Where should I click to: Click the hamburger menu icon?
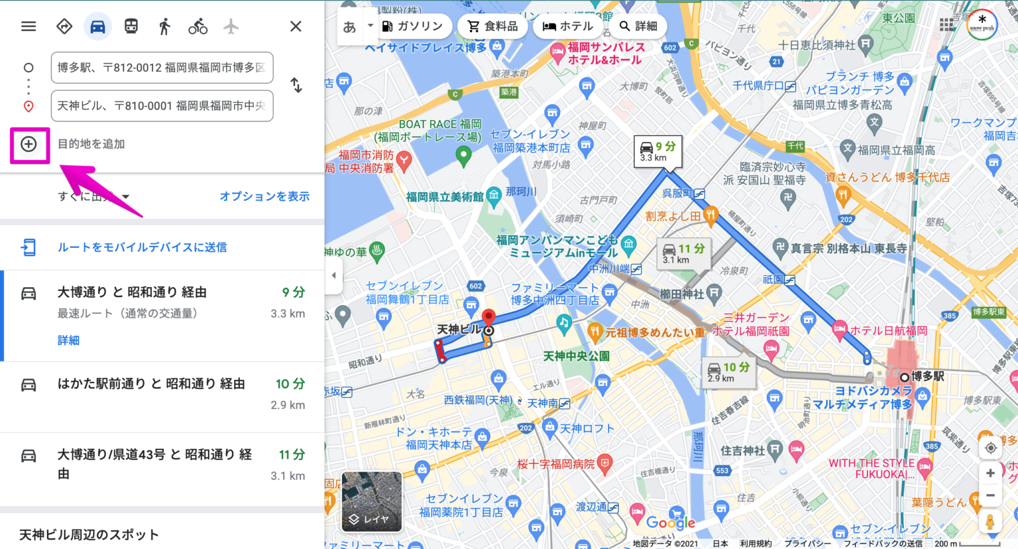pos(28,27)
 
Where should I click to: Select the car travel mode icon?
pos(97,27)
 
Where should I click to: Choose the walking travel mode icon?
pos(164,27)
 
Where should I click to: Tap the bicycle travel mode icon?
pos(198,27)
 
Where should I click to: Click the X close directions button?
pos(296,27)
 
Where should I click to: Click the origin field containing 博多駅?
pos(162,68)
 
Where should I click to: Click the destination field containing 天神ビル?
pos(162,106)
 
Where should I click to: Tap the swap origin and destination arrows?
pos(296,86)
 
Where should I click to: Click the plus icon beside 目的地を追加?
pos(28,144)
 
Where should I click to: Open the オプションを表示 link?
pos(264,196)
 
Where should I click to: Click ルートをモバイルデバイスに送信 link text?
pos(142,247)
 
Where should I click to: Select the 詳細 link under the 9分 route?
pos(68,340)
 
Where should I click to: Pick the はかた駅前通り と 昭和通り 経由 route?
pos(151,384)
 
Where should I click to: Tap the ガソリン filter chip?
pos(412,26)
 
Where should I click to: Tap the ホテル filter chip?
pos(568,26)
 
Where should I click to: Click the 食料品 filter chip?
pos(492,26)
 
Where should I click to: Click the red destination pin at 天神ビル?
pos(488,317)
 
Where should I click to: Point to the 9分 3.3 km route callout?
pos(657,151)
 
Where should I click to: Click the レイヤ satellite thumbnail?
pos(372,502)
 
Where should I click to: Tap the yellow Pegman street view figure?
pos(990,522)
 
